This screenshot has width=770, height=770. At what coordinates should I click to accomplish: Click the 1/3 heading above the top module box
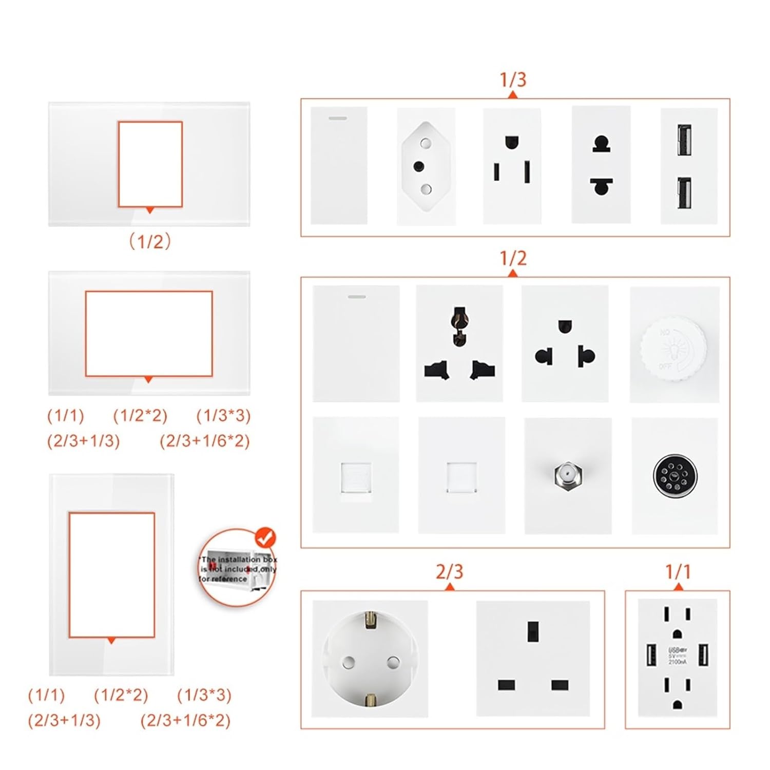click(513, 79)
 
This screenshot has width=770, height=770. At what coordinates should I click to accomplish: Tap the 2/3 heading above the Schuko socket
click(449, 571)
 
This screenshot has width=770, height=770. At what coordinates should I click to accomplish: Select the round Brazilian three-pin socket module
click(426, 166)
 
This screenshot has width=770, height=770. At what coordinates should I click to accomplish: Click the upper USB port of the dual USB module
click(684, 140)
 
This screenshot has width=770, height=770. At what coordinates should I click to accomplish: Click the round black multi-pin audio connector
click(674, 476)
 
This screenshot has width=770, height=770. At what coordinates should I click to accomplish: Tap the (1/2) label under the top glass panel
click(149, 241)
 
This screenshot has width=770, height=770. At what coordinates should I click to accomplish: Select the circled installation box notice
click(237, 568)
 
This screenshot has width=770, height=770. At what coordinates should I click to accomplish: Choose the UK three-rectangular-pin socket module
click(533, 658)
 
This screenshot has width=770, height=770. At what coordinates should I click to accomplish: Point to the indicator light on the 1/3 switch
click(337, 119)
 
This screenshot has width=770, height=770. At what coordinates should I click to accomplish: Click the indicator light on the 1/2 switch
click(357, 297)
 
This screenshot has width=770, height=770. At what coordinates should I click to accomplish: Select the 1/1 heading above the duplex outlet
click(678, 571)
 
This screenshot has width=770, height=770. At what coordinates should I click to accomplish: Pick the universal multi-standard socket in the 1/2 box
click(459, 343)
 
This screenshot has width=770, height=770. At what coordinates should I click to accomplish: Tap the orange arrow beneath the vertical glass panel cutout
click(111, 641)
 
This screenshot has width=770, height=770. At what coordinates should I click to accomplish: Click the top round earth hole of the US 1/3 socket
click(511, 142)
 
